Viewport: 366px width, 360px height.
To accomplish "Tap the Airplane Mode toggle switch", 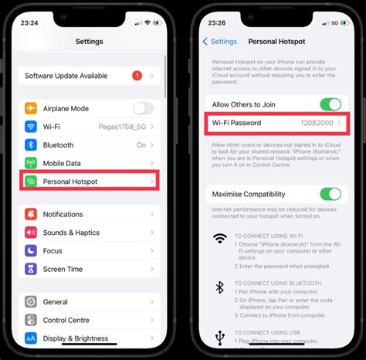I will coord(144,109).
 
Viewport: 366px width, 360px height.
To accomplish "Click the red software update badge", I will coord(137,76).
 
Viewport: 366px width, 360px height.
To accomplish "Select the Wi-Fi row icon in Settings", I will coord(31,127).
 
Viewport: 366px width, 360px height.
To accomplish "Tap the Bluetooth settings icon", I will coord(31,144).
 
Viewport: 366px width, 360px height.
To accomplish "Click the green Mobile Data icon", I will coord(31,163).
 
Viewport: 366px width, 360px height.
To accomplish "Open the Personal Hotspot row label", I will coord(70,182).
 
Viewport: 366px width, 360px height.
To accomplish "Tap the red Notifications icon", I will coord(31,214).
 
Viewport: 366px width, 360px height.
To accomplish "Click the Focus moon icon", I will coord(31,250).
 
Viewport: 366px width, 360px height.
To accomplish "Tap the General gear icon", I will coord(31,301).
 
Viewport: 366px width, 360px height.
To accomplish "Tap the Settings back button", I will coord(219,41).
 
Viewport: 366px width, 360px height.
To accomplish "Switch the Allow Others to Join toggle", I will coord(330,104).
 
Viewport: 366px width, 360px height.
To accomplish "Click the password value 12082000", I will coord(316,123).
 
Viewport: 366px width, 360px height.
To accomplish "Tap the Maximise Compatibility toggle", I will coord(330,194).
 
